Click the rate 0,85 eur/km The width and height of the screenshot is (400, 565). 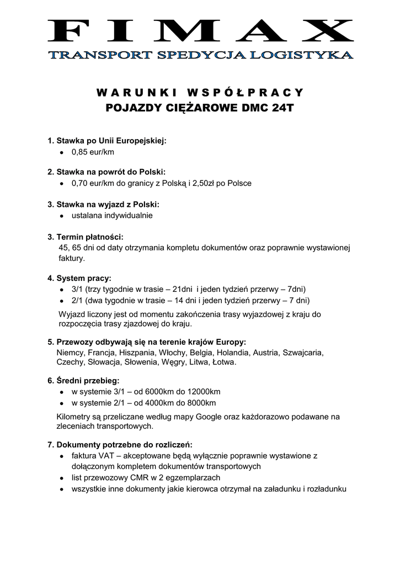pos(93,152)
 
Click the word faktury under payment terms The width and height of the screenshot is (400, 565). pos(71,258)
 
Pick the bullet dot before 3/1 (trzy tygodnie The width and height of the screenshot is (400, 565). pos(61,290)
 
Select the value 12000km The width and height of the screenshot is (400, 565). pos(202,392)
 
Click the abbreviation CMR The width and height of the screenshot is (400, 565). pos(138,477)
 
